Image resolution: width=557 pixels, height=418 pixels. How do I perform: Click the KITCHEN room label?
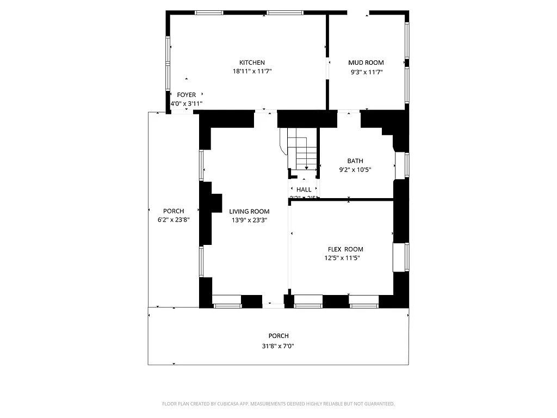252,63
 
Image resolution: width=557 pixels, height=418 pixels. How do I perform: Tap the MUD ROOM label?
366,63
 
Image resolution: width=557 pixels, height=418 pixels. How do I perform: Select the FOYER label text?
186,95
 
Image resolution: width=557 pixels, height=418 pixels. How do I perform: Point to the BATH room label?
355,161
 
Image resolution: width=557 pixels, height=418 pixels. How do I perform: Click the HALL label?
304,189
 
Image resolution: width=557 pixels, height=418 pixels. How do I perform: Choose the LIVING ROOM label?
249,211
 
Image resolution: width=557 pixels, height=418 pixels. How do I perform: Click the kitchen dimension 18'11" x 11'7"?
252,71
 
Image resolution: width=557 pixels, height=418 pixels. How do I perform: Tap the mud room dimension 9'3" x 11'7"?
366,71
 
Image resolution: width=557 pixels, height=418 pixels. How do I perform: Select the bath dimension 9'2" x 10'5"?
355,169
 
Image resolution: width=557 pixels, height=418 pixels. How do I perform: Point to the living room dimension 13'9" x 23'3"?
249,220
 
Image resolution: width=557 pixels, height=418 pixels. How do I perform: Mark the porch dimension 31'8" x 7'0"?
278,346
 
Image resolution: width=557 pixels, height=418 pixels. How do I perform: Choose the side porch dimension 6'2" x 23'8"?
174,220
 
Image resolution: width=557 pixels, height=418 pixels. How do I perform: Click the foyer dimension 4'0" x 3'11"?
186,103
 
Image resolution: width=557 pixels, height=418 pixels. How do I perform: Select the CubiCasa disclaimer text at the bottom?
278,404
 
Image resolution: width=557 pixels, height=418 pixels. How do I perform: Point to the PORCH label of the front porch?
278,336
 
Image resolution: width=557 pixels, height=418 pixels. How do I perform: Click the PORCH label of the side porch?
174,211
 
